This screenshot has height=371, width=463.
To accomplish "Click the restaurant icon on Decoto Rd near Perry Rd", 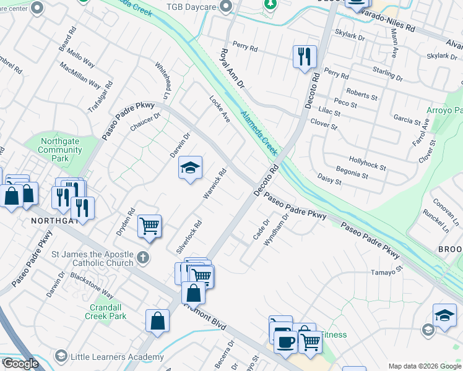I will [x=305, y=57].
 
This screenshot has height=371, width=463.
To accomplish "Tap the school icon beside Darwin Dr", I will [x=191, y=167].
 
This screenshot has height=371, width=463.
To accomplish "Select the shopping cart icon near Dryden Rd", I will [x=150, y=226].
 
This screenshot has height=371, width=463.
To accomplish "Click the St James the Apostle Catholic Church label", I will [x=93, y=258].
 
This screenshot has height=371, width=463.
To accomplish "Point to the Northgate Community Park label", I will [x=60, y=150].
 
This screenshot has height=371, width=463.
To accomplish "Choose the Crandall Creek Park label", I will [x=105, y=312].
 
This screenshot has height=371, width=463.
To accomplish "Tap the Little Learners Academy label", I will [x=117, y=357].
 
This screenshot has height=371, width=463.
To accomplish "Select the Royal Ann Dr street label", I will [x=231, y=67].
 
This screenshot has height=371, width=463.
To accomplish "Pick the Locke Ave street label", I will [x=220, y=108].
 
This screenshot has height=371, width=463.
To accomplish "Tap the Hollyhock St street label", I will [x=367, y=163].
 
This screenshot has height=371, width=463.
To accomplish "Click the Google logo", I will [x=20, y=364].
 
